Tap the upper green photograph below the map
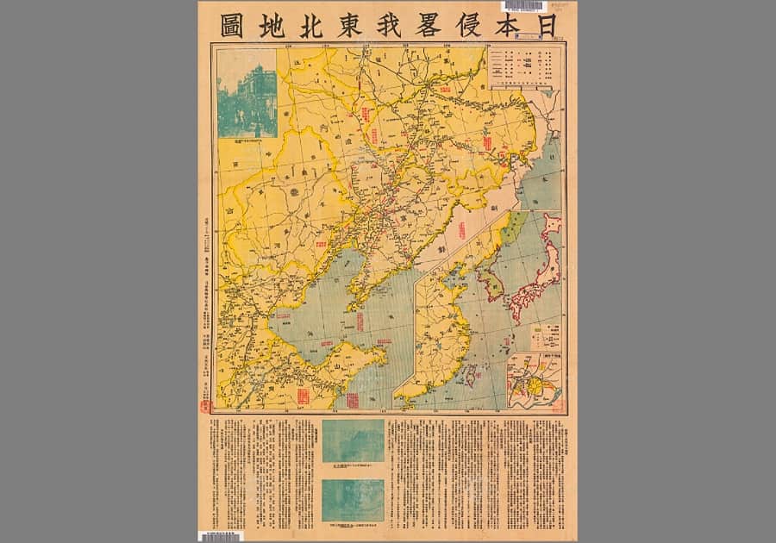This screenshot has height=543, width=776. point(353,440)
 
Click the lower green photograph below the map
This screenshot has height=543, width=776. point(353,500)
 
